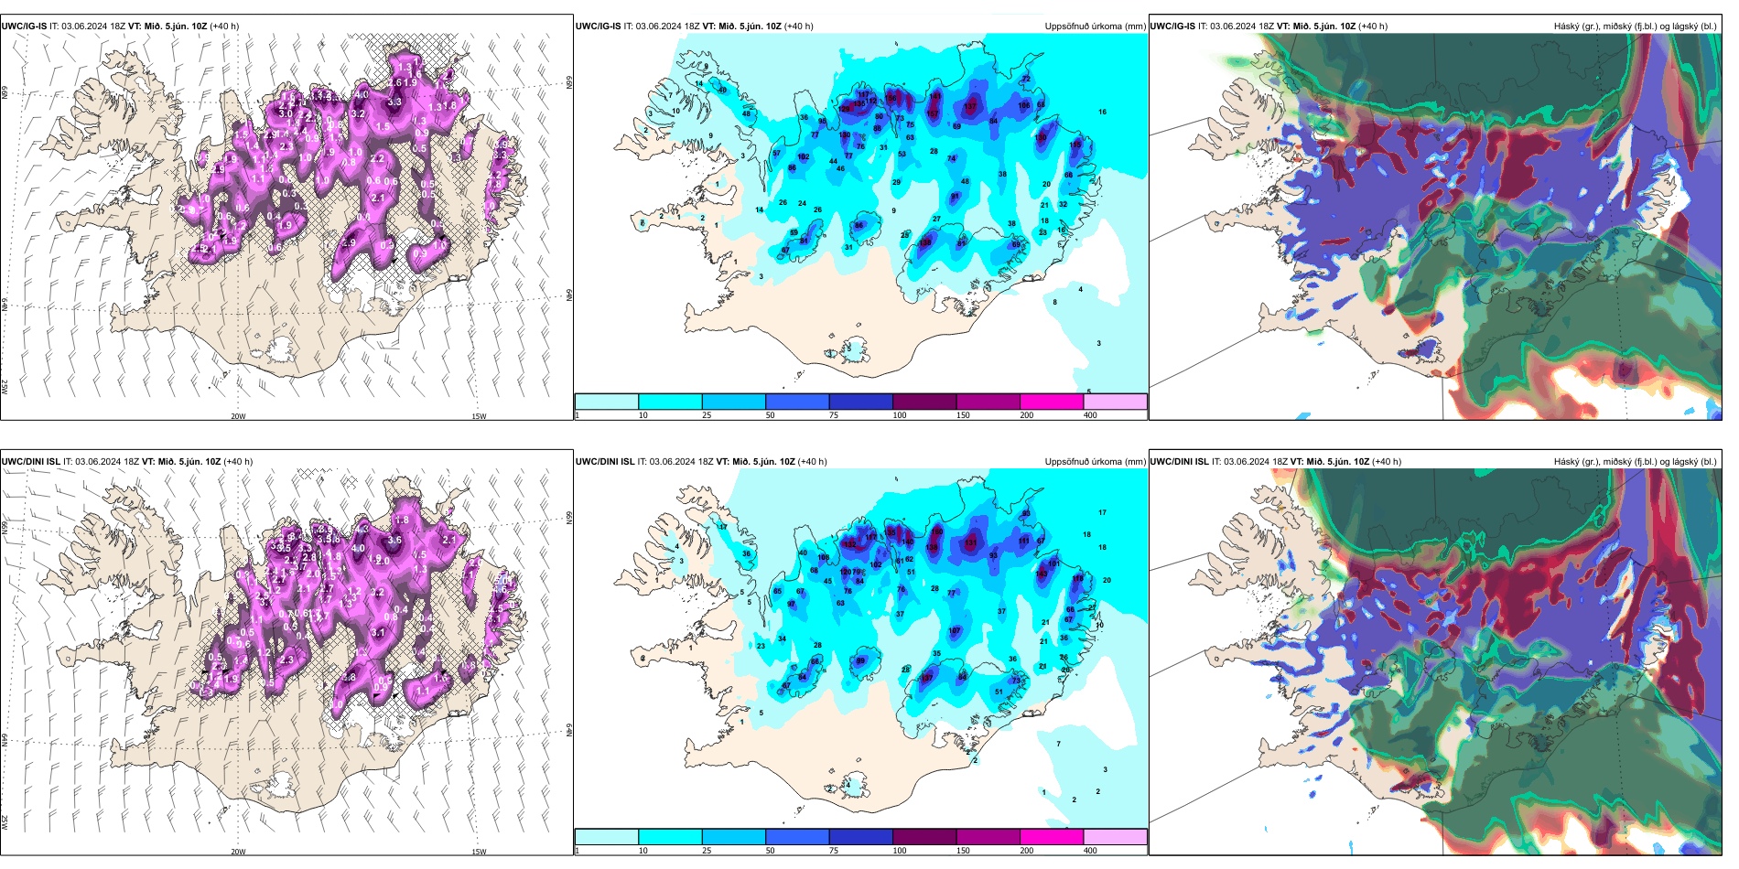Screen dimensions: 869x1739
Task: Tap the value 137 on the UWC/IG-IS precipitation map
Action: coord(970,107)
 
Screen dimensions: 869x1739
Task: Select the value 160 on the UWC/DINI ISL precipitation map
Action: coord(936,531)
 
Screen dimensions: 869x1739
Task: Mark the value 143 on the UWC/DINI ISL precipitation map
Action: coord(1042,574)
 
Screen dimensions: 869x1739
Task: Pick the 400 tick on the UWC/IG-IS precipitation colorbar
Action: coord(1090,415)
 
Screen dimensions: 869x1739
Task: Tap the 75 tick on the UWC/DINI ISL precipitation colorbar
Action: coord(833,851)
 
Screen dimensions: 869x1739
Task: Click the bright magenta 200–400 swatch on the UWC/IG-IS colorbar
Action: coord(1052,402)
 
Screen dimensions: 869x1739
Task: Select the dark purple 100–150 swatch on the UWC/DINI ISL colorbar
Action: coord(924,837)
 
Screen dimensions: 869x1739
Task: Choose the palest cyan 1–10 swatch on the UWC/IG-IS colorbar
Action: coord(607,402)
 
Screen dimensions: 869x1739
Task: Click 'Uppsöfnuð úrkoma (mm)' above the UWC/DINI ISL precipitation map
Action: coord(1095,462)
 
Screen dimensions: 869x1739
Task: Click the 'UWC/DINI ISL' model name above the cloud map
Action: coord(1179,462)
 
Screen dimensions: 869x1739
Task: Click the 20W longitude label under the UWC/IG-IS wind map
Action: coord(238,416)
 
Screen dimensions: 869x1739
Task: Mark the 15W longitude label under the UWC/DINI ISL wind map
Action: coord(479,852)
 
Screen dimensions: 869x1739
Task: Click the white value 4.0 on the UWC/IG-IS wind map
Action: coord(362,94)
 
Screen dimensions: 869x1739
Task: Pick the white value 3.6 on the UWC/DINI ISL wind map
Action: coord(394,540)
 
